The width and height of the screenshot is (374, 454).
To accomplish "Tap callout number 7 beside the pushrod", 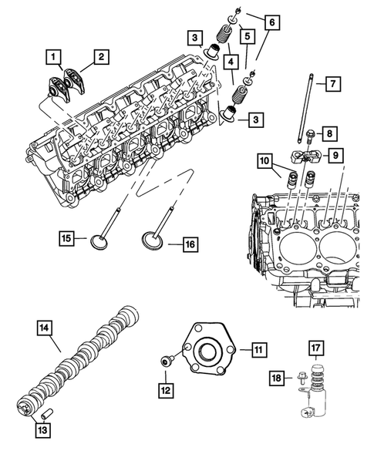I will click(329, 82).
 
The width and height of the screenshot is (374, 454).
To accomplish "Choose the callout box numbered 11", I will click(260, 350).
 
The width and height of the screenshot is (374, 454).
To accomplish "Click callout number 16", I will click(190, 244).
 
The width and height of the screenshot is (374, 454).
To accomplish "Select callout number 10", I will click(264, 161).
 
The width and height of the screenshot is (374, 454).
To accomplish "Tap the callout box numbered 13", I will click(45, 429).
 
